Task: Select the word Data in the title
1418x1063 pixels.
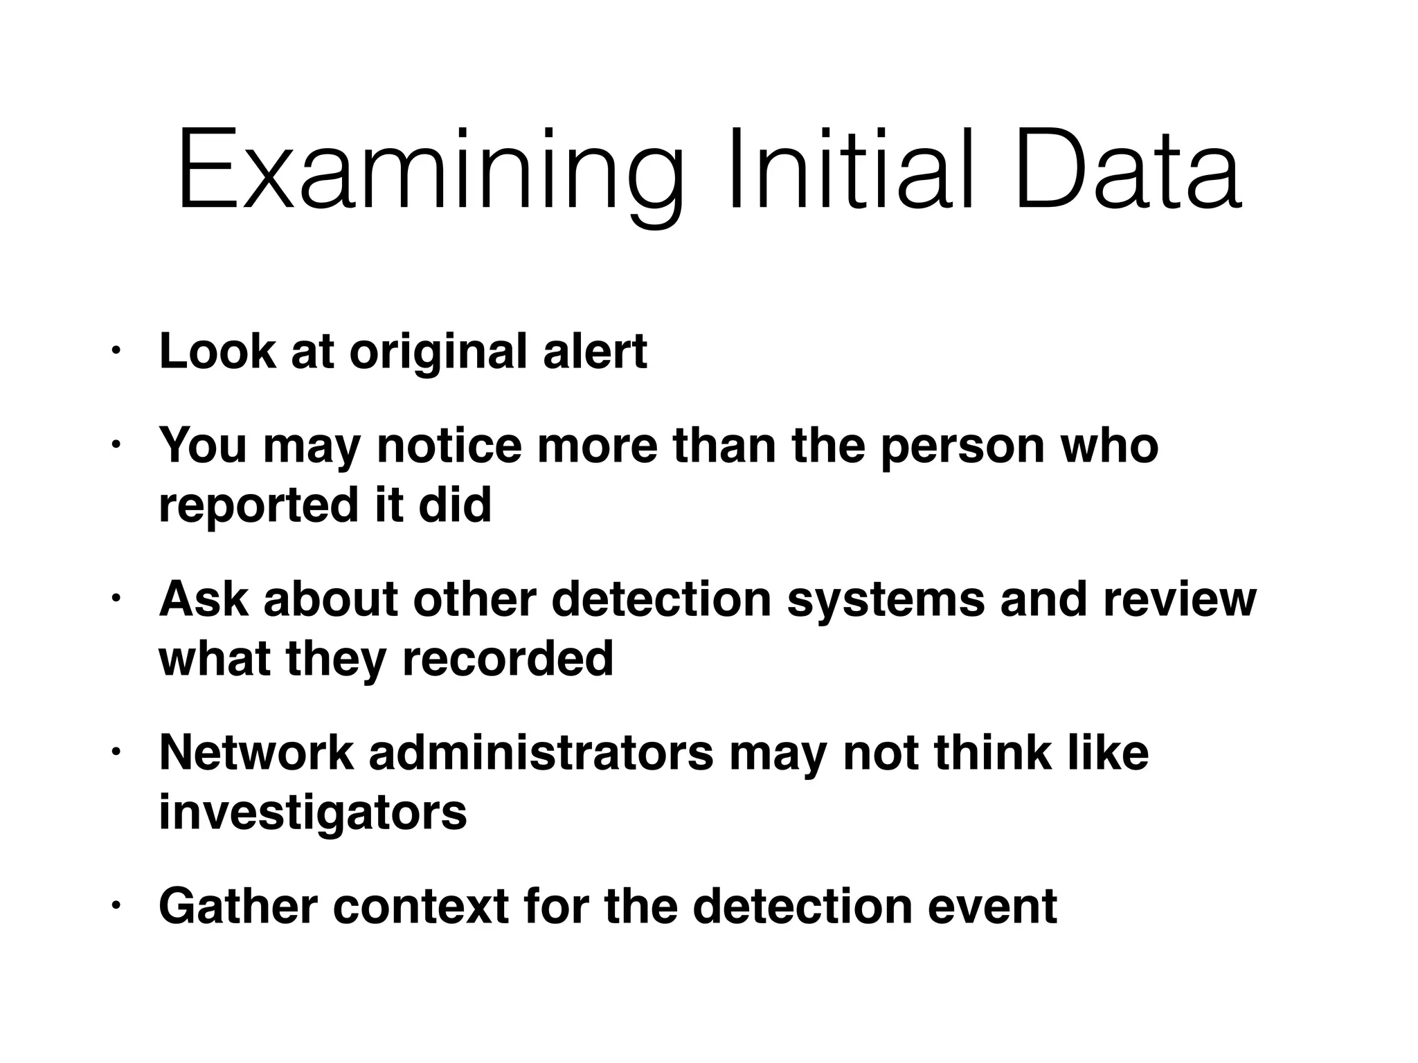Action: pyautogui.click(x=1128, y=170)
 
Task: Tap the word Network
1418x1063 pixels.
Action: pyautogui.click(x=256, y=752)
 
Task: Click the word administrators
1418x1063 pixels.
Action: pyautogui.click(x=541, y=752)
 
